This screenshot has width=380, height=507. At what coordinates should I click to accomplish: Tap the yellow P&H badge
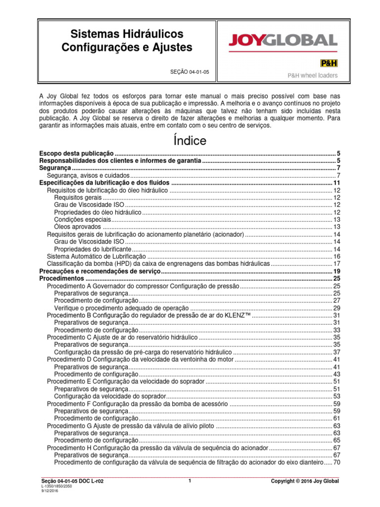tap(329, 63)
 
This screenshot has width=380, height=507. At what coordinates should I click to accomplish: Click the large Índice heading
tap(190, 141)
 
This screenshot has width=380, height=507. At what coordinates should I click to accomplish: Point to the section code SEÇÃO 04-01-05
tap(190, 72)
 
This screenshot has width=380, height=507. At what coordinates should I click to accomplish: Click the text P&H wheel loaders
tap(313, 76)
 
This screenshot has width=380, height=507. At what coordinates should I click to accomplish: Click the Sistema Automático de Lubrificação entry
tap(96, 256)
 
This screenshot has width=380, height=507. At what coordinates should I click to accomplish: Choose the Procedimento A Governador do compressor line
tap(142, 286)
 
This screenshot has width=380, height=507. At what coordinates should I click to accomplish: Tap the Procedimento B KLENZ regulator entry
tap(149, 315)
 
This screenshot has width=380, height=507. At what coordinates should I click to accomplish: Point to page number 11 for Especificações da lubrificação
tap(335, 183)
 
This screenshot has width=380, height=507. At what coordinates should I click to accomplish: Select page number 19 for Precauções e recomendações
tap(335, 272)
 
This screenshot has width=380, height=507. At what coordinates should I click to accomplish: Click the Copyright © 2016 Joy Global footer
tap(305, 481)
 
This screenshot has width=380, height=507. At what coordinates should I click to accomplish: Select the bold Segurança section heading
tap(54, 168)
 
